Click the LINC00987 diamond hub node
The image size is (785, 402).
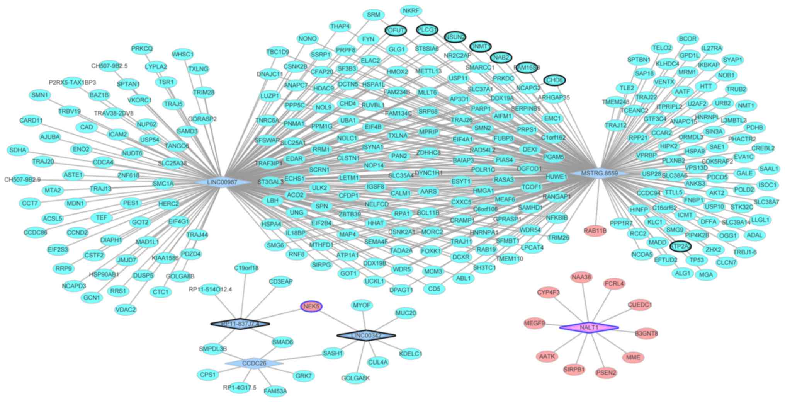pyautogui.click(x=222, y=182)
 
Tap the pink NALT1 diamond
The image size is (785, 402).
pyautogui.click(x=589, y=328)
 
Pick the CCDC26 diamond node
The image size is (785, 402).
pyautogui.click(x=254, y=363)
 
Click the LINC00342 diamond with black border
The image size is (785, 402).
pyautogui.click(x=366, y=336)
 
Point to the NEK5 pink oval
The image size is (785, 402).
pyautogui.click(x=311, y=307)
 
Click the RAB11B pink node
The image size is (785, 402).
pyautogui.click(x=595, y=231)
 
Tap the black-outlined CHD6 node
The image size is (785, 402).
pyautogui.click(x=555, y=80)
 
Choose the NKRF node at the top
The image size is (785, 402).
pyautogui.click(x=410, y=10)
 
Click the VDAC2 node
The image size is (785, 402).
pyautogui.click(x=126, y=309)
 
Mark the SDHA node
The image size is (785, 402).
pyautogui.click(x=18, y=150)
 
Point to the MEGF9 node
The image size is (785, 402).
pyautogui.click(x=535, y=323)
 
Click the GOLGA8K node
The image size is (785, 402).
pyautogui.click(x=355, y=378)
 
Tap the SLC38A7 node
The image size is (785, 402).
pyautogui.click(x=766, y=202)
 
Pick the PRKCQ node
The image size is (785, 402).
pyautogui.click(x=142, y=49)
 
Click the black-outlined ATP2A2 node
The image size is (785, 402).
pyautogui.click(x=680, y=246)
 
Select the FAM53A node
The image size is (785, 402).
pyautogui.click(x=275, y=391)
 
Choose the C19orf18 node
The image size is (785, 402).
pyautogui.click(x=246, y=267)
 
